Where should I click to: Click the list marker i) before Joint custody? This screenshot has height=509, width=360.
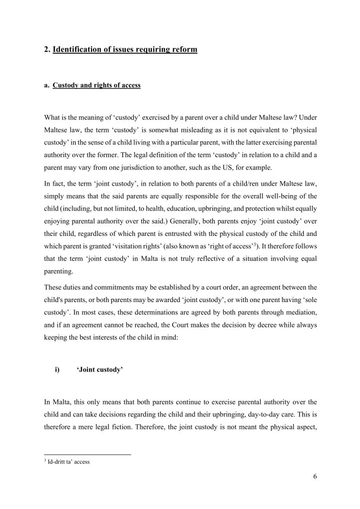(57, 357)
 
